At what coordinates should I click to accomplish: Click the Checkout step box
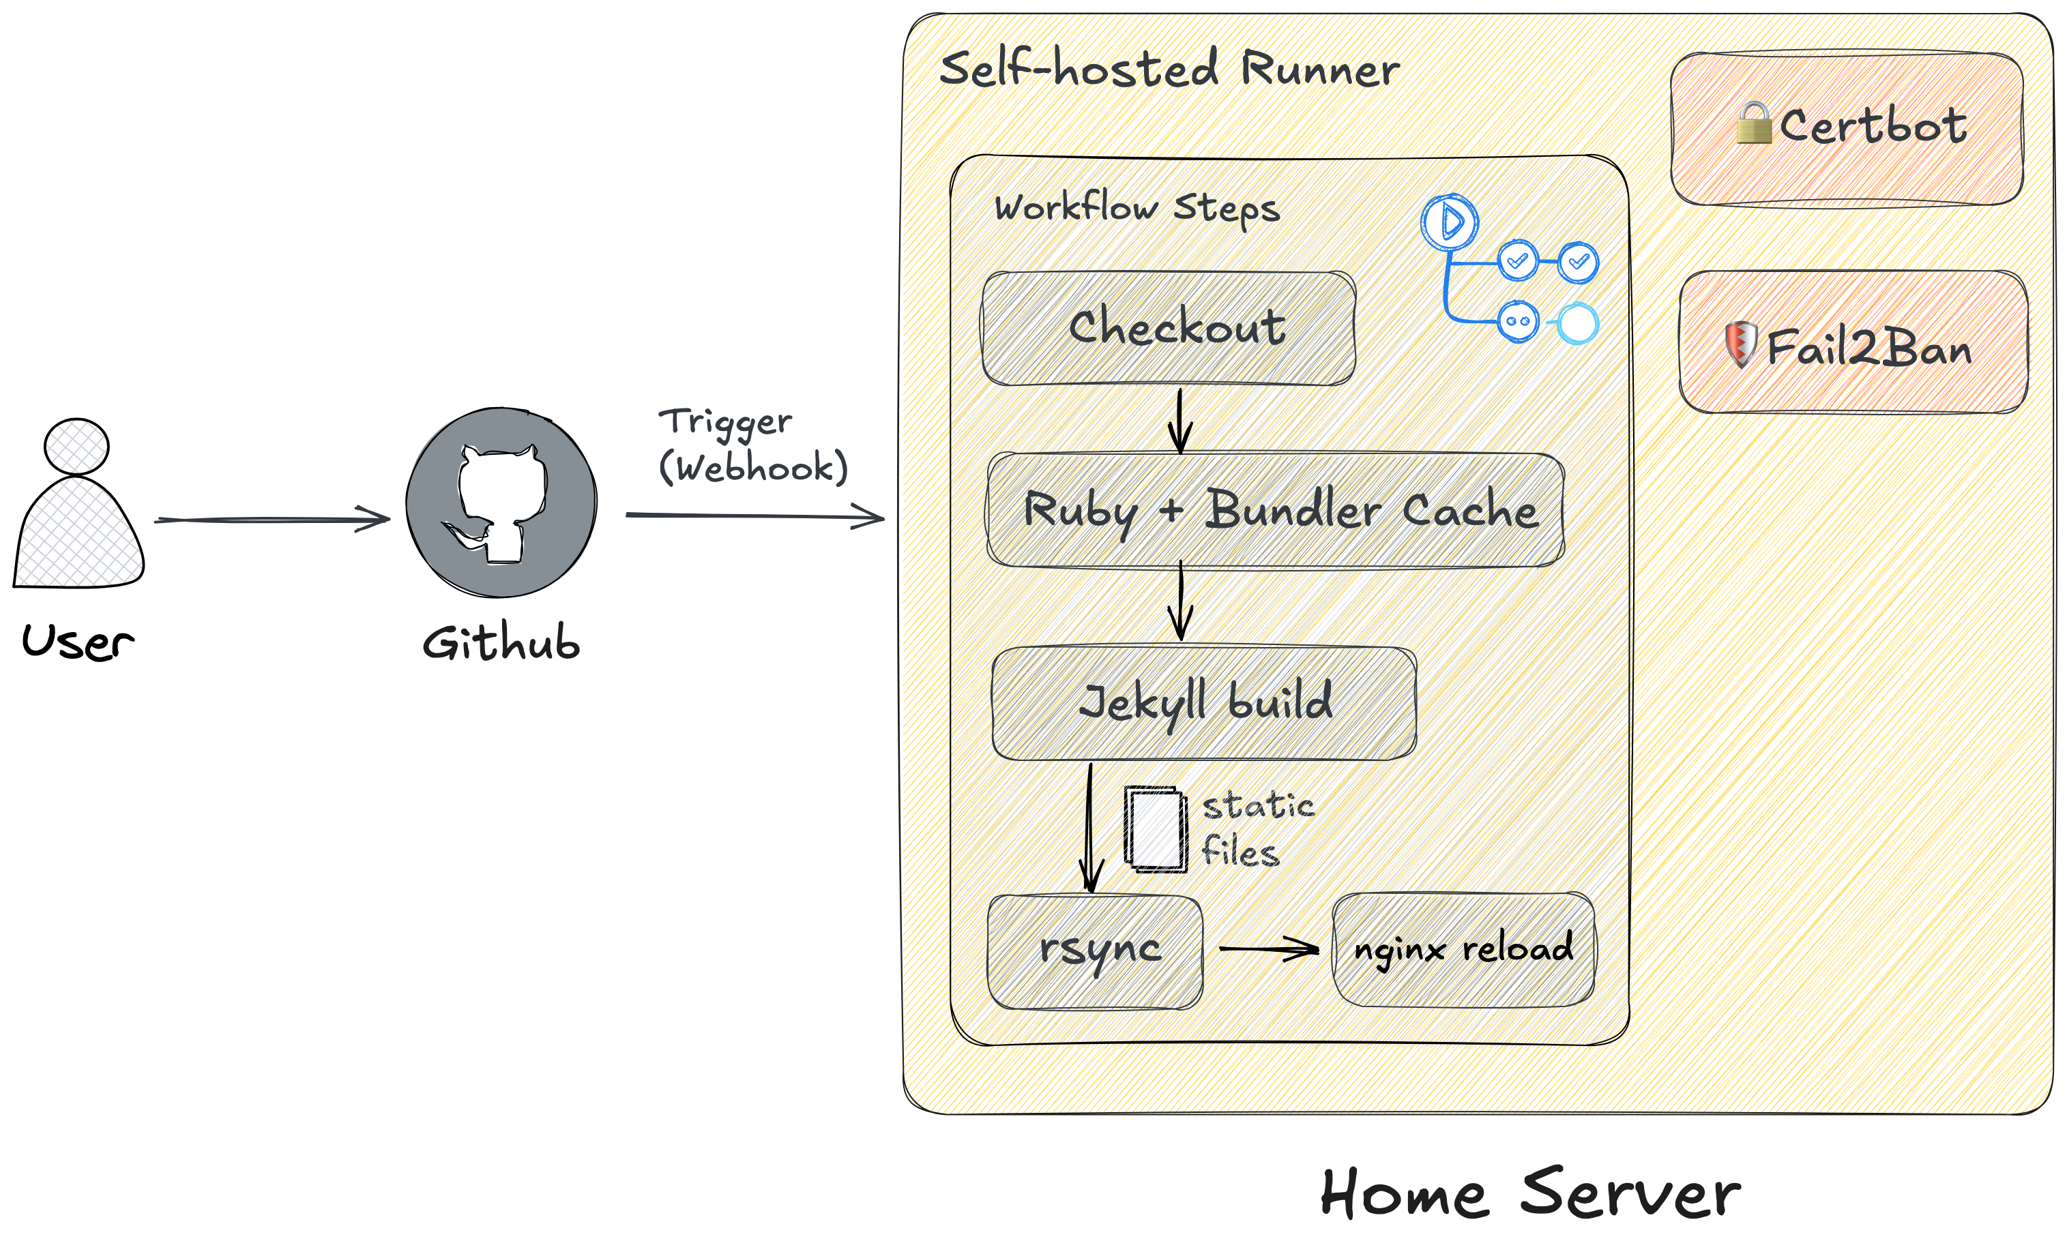[x=1168, y=328]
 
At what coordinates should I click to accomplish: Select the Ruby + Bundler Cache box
[x=1275, y=510]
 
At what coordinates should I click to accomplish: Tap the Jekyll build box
[x=1204, y=703]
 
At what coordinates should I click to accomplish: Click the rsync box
[x=1095, y=951]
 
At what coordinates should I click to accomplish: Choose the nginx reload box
[x=1463, y=949]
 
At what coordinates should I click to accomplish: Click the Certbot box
[x=1845, y=128]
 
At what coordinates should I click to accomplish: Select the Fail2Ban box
[x=1852, y=342]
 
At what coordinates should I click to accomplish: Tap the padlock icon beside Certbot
[x=1753, y=123]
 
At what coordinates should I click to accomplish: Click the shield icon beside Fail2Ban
[x=1741, y=343]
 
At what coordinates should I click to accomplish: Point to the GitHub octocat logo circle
[x=501, y=503]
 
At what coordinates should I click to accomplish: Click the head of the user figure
[x=76, y=446]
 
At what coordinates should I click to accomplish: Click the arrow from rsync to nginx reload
[x=1267, y=949]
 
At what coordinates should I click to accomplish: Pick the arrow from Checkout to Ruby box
[x=1179, y=419]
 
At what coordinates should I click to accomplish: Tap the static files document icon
[x=1155, y=828]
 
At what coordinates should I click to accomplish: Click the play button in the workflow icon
[x=1449, y=222]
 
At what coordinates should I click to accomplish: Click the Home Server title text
[x=1529, y=1193]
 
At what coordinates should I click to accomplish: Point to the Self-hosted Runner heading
[x=1169, y=69]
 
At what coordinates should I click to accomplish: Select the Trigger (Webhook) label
[x=752, y=445]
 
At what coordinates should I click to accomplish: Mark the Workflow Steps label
[x=1137, y=207]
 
